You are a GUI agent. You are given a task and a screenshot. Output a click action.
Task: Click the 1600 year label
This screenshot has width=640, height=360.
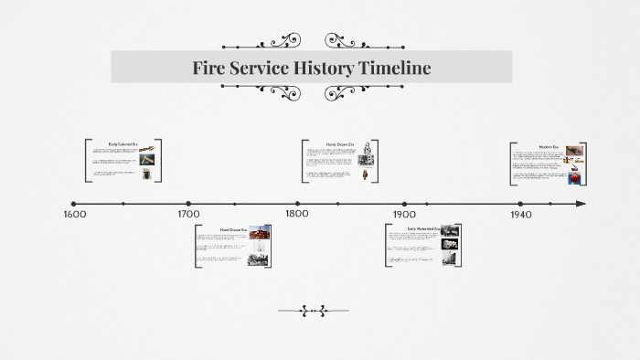point(75,215)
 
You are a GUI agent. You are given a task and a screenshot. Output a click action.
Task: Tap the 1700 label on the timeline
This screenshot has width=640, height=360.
point(188,215)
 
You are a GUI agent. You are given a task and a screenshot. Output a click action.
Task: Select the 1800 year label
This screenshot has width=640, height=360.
point(297,215)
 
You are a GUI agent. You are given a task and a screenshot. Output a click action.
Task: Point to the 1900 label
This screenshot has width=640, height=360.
point(405,215)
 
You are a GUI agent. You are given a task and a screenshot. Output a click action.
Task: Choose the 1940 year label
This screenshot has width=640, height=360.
point(520,215)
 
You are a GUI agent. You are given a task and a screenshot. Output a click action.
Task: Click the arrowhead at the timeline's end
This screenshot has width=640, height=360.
point(581,204)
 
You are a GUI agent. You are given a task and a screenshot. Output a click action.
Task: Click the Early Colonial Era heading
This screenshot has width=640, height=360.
point(122,144)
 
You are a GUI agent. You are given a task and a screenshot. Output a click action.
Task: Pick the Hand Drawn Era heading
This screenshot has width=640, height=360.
point(232,228)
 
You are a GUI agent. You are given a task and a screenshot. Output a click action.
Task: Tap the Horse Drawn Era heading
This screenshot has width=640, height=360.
point(338,144)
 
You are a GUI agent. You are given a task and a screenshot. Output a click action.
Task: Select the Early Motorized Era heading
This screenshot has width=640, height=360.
point(422,228)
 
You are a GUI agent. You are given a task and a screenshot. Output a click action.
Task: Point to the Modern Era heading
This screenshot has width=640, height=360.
point(548,146)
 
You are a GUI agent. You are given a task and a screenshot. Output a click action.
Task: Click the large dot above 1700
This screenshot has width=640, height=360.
point(188,204)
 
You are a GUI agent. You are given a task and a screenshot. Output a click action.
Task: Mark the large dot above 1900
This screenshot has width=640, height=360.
point(405,204)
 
